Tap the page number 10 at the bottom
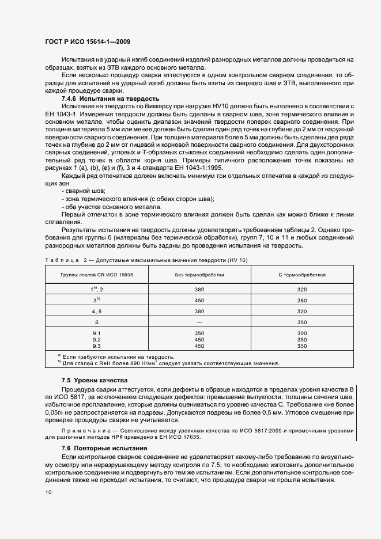coord(48,492)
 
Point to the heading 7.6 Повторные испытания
coord(104,447)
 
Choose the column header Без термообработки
coord(199,275)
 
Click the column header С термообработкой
coord(302,275)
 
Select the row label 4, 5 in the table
coord(97,311)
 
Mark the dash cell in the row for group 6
coord(199,322)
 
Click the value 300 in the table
coord(302,333)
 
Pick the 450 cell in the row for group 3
coord(199,300)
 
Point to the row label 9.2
coord(97,340)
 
